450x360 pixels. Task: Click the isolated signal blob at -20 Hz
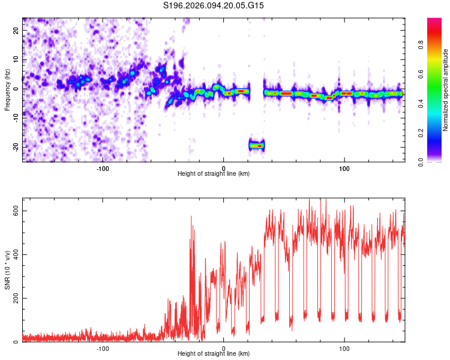click(x=257, y=145)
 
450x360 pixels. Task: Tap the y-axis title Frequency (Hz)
click(x=8, y=89)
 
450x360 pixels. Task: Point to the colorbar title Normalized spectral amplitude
click(x=446, y=90)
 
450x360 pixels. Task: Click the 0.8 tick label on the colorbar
click(x=422, y=44)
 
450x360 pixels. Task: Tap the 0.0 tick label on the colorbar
click(x=422, y=161)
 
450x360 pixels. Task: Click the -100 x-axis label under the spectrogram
click(x=103, y=167)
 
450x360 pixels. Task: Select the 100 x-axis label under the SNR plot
click(x=344, y=348)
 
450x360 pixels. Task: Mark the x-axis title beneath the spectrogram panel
click(x=214, y=174)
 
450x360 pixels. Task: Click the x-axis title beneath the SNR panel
click(x=214, y=355)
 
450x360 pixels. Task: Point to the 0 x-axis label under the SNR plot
click(x=224, y=348)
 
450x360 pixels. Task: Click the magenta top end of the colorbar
click(x=434, y=22)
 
